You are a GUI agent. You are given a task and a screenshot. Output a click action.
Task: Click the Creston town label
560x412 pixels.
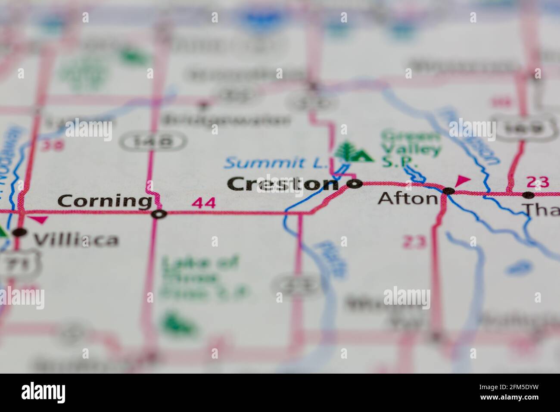click(x=283, y=184)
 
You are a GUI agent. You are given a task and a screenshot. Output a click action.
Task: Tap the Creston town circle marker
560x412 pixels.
click(x=355, y=184)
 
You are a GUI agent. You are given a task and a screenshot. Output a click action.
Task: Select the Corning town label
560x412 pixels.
click(x=104, y=201)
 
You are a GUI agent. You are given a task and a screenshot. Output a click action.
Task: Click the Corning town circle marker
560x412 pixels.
click(x=160, y=214)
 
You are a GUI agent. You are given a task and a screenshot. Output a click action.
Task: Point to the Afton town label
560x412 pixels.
click(x=408, y=198)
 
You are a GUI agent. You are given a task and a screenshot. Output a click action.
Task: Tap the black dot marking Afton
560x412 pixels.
click(x=448, y=190)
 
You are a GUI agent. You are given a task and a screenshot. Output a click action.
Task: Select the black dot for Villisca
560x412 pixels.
click(x=19, y=232)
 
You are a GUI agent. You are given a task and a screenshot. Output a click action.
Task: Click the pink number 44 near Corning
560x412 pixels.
click(x=204, y=203)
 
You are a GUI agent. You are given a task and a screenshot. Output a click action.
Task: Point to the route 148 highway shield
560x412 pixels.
click(x=153, y=141)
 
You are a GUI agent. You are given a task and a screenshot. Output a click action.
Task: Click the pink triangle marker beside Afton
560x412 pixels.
click(x=463, y=180)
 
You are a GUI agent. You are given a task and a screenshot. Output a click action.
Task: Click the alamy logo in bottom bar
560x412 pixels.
click(x=44, y=393)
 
